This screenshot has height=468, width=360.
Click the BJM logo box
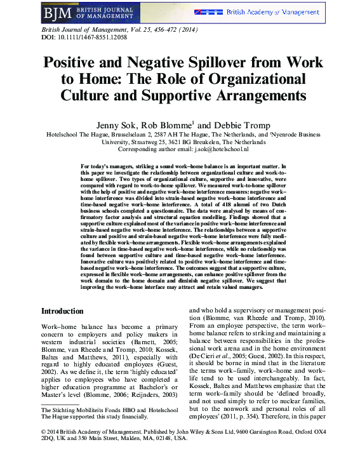click(55, 12)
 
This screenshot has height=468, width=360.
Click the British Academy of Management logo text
click(272, 12)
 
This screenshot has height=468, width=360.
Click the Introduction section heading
click(62, 311)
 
